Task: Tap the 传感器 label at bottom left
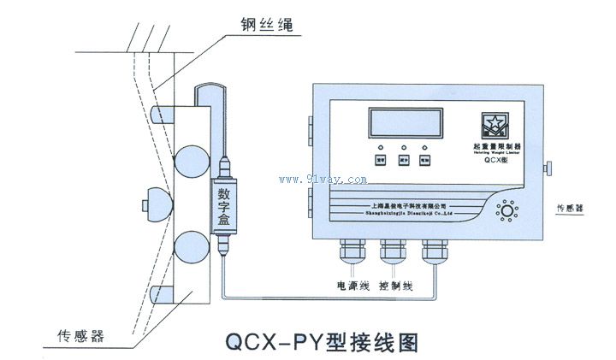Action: [80, 336]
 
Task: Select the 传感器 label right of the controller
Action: [573, 208]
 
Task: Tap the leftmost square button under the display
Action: [381, 160]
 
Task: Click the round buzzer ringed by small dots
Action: [509, 210]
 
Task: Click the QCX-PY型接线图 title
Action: [321, 342]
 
